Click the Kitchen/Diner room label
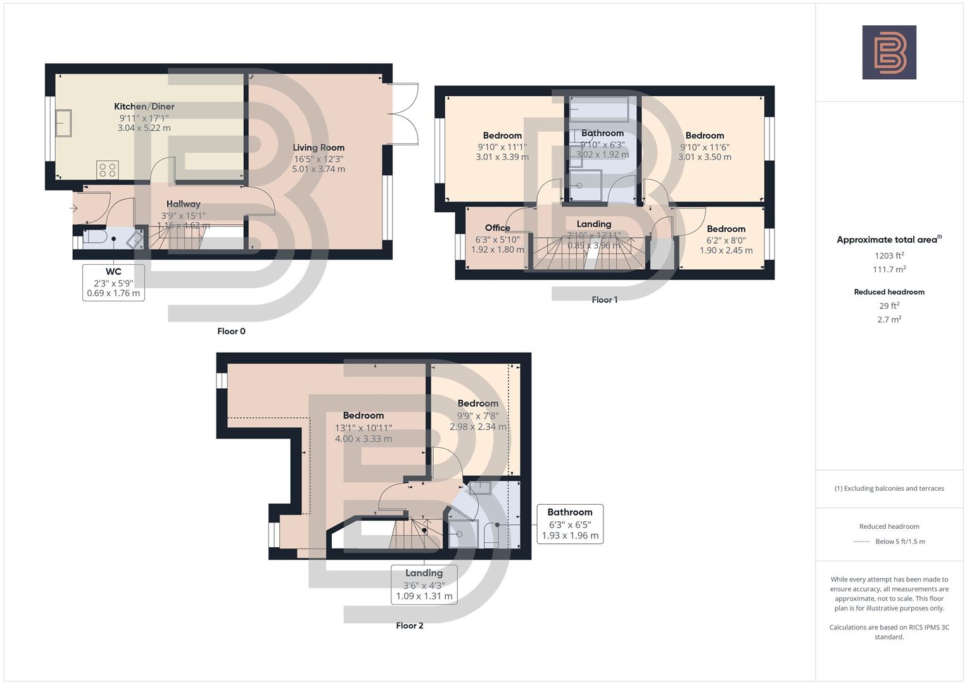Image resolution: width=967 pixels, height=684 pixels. pos(144,106)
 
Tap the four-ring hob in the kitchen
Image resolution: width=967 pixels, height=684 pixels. pos(107,170)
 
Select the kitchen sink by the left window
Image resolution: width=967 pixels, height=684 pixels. pos(63,123)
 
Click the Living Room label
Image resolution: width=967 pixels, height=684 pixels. pos(319,148)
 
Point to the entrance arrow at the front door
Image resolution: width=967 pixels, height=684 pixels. pos(74,208)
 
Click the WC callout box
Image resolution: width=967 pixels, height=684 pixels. pos(113,282)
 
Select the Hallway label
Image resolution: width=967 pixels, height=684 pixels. pos(183,204)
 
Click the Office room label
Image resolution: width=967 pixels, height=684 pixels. pos(497,228)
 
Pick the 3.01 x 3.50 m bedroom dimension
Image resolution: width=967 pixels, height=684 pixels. pos(704,157)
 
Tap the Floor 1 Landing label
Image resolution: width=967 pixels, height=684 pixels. pos(593,224)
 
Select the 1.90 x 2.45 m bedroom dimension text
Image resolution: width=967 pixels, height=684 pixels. pos(726,250)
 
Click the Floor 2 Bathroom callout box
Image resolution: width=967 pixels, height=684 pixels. pos(569,524)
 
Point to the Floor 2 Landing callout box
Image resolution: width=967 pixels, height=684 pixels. pos(424,585)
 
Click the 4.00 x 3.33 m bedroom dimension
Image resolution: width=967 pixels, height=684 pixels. pos(363,438)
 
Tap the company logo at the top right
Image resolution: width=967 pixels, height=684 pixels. pos(888,52)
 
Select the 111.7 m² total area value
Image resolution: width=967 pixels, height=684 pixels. pos(888,269)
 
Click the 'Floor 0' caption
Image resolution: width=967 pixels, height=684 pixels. pos(231,331)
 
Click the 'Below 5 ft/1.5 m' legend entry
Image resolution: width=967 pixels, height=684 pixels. pos(900,541)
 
